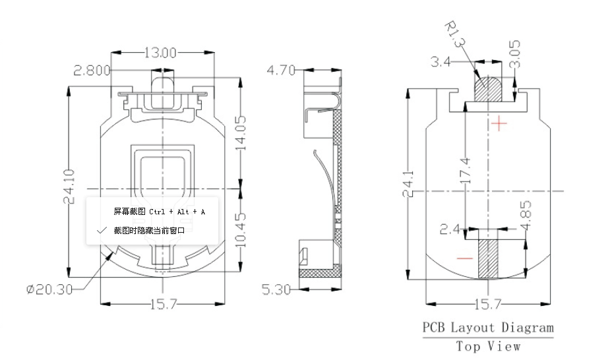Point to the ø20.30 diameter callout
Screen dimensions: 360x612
tap(49, 289)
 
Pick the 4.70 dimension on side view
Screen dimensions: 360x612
tap(281, 70)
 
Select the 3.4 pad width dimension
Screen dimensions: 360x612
tap(441, 63)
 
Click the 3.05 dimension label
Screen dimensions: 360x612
tap(516, 53)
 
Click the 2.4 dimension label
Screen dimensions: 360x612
tap(452, 229)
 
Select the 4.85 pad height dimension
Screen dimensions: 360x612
tap(526, 214)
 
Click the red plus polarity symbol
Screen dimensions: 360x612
tap(501, 123)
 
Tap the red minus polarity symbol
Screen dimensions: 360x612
tap(464, 258)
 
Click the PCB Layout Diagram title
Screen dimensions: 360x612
tap(488, 328)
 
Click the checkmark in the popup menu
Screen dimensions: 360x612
tap(101, 230)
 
